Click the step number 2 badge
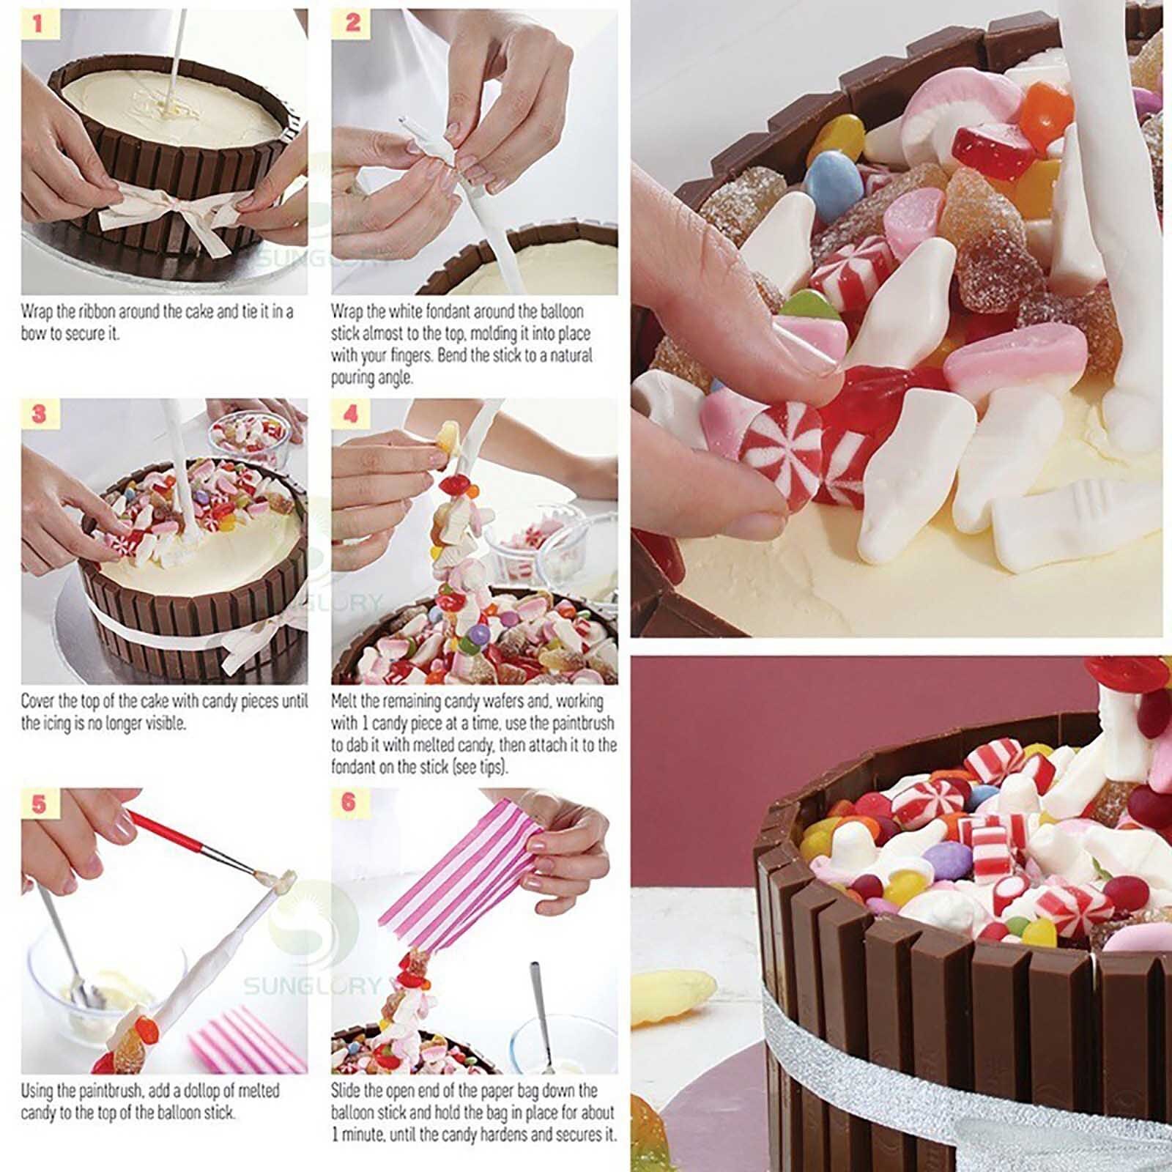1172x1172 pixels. [352, 24]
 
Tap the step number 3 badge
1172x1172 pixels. [38, 415]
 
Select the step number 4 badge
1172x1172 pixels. [351, 415]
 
